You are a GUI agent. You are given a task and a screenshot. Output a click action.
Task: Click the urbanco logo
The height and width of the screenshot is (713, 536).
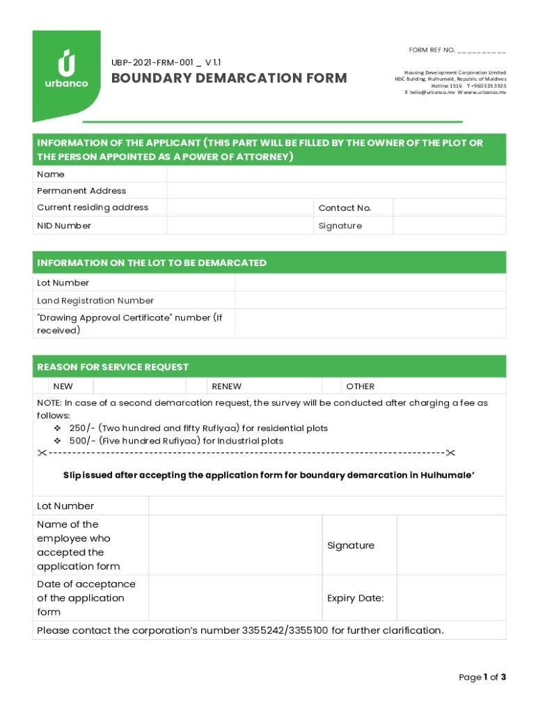click(x=66, y=70)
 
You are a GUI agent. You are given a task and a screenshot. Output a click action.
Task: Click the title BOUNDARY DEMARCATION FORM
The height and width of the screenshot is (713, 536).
click(x=229, y=78)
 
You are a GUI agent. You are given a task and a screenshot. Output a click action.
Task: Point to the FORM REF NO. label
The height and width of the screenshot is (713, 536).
click(x=432, y=50)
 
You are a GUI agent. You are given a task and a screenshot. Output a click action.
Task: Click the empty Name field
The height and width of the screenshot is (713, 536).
click(x=336, y=174)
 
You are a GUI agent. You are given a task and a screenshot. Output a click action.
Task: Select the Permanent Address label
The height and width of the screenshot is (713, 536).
click(x=81, y=191)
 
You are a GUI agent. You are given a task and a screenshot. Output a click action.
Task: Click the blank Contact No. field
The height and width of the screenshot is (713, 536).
click(x=449, y=207)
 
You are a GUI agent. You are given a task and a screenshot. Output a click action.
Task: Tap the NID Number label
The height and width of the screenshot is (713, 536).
click(x=64, y=226)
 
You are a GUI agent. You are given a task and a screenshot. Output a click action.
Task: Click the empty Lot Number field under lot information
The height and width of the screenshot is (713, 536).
click(x=370, y=283)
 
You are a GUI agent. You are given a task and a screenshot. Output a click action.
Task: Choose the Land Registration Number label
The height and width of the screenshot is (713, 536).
click(x=95, y=301)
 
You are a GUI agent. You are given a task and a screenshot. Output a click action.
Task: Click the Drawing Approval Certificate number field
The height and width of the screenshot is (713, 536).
click(x=370, y=324)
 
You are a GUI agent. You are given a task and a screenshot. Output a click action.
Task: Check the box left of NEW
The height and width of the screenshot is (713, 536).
click(x=41, y=386)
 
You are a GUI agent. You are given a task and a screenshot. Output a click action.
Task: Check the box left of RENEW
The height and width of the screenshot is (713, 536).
click(x=197, y=386)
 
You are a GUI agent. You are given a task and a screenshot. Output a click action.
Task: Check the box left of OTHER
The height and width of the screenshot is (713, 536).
click(x=331, y=386)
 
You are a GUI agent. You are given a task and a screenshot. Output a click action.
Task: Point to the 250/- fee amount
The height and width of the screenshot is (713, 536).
click(x=83, y=428)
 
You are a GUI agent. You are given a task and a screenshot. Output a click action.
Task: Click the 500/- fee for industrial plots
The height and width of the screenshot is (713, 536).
click(x=83, y=441)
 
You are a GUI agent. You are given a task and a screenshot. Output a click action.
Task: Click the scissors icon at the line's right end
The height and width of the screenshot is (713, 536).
click(x=450, y=454)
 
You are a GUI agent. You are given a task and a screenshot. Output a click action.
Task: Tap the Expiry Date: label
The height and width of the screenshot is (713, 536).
click(x=355, y=598)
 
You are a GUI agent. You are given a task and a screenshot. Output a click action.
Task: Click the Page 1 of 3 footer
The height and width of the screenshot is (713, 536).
click(x=482, y=677)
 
